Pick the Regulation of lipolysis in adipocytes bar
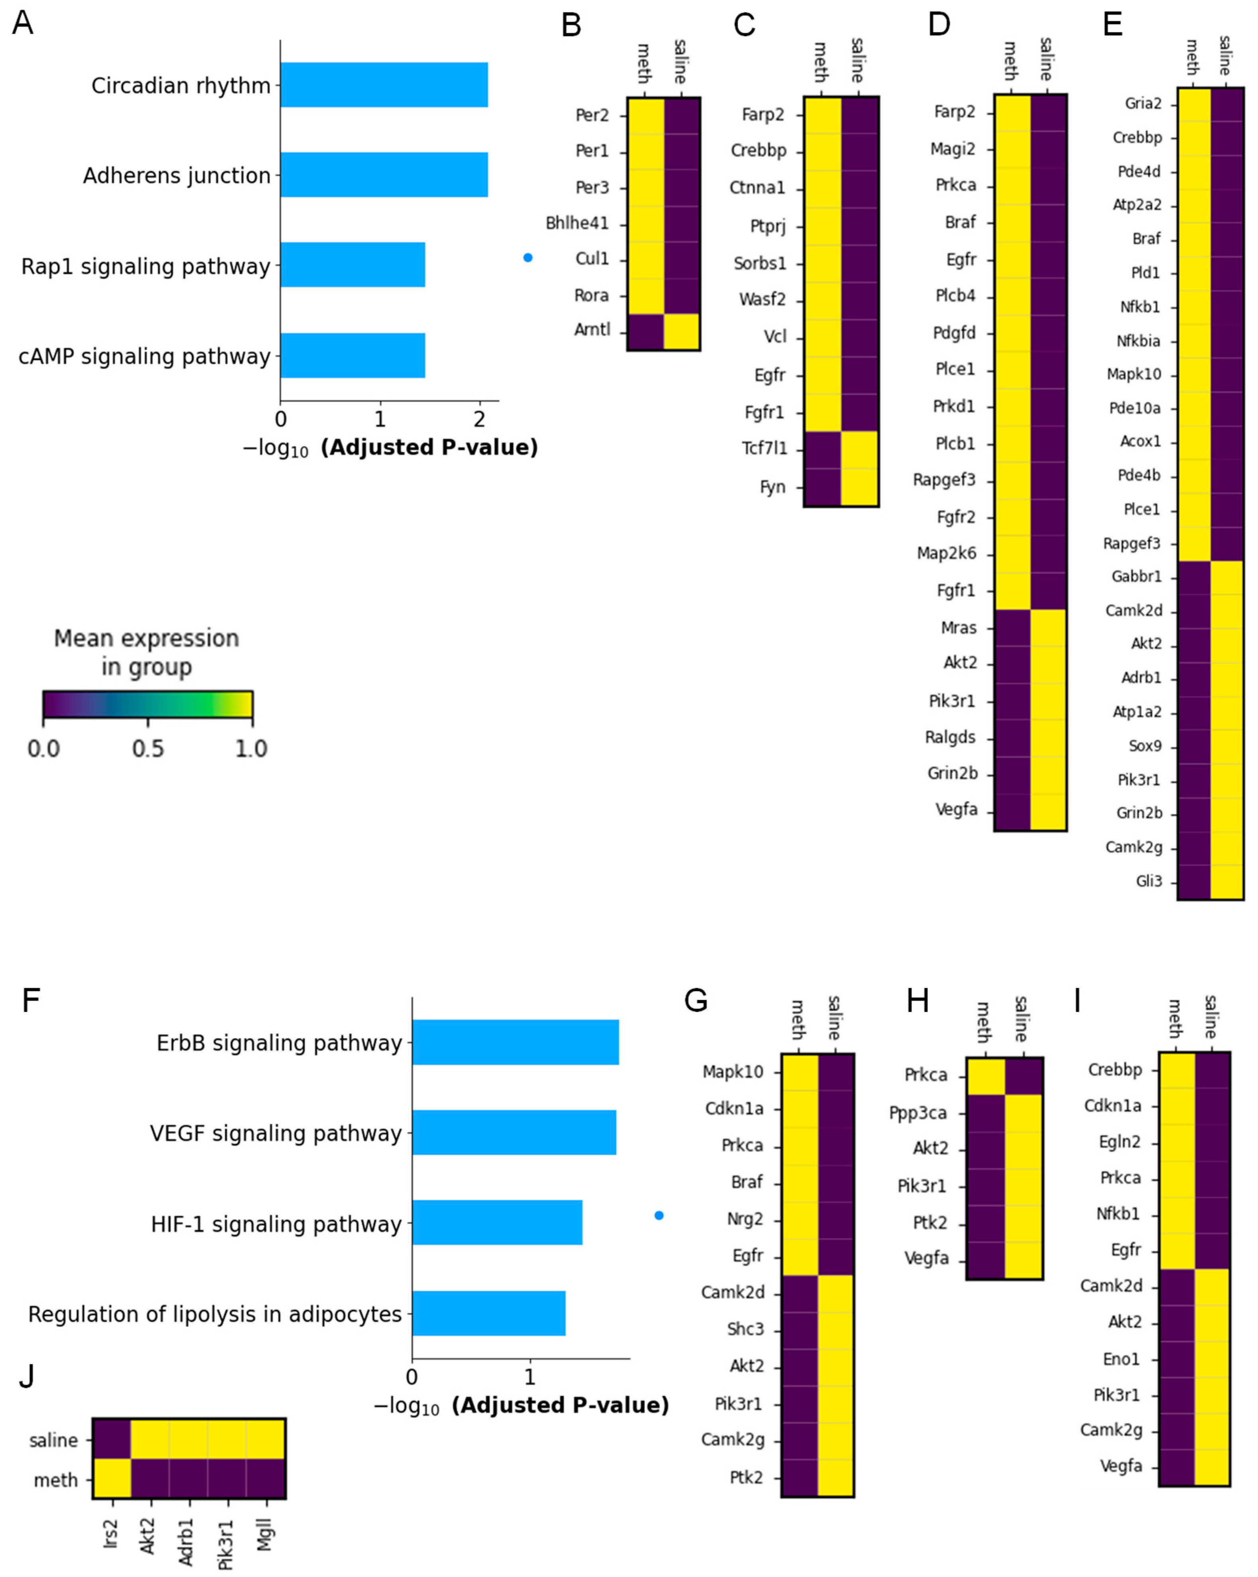coord(488,1314)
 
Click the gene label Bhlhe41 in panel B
coord(577,223)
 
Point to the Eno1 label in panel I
coord(1121,1359)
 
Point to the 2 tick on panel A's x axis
coord(479,419)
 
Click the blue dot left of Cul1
coord(528,258)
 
